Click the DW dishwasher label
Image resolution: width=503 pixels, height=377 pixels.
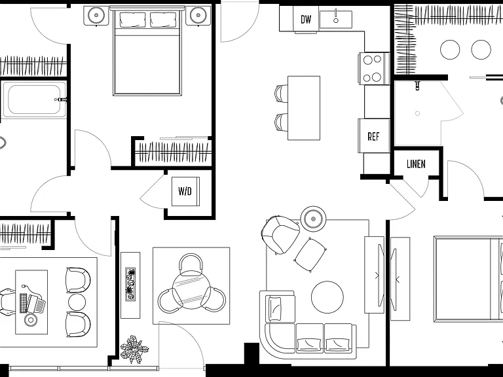coord(306,19)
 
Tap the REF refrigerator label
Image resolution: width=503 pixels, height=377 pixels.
coord(373,137)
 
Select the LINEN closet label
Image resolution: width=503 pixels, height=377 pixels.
coord(416,164)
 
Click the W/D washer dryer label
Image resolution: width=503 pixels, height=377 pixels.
coord(185,191)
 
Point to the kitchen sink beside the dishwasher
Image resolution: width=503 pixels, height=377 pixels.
coord(335,20)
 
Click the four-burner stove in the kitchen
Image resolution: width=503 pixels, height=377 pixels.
coord(374,68)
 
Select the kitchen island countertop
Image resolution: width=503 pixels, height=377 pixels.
coord(304,108)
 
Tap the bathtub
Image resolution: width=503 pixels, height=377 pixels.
coord(34,99)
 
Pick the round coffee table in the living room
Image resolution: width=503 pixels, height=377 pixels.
coord(327,297)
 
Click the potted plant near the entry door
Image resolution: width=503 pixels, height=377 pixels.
coord(134,349)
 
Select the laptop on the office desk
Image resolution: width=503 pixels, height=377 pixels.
coord(36,304)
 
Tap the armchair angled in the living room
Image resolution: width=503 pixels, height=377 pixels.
coord(280,234)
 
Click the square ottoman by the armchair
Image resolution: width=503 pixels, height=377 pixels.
coord(310,255)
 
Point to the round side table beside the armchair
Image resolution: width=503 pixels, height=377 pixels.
coord(313,219)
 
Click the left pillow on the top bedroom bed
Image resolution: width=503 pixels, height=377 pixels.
coord(132,20)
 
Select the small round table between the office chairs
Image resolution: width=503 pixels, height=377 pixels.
coord(77,302)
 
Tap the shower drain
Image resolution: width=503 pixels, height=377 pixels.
coord(417,113)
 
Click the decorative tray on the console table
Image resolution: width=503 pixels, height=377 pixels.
coord(130,284)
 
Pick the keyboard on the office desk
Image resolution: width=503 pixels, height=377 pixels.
coord(24,302)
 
